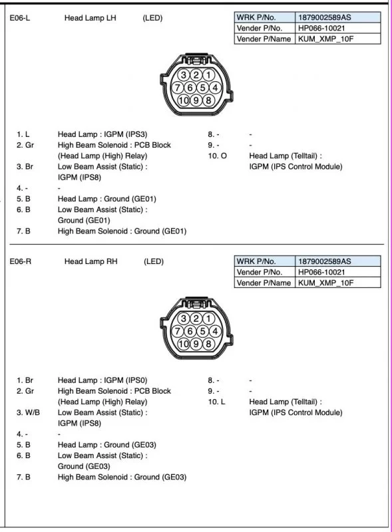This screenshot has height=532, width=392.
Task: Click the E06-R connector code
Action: (21, 262)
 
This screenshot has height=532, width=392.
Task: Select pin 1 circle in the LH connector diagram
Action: (208, 75)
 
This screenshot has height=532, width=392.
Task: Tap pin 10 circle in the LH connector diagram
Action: (184, 100)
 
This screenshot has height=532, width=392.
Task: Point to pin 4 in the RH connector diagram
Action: (215, 331)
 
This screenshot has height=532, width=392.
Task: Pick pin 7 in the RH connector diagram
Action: (178, 331)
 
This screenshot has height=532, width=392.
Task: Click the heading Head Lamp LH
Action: (90, 18)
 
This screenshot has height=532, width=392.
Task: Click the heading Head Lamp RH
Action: (91, 262)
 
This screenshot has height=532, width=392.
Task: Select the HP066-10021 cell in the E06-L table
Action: (321, 28)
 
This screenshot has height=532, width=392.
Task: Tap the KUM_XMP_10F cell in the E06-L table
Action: (325, 39)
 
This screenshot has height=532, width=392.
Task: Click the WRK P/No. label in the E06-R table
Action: (256, 261)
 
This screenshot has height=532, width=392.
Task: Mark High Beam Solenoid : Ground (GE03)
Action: (122, 477)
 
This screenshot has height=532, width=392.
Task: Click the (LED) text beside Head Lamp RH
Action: (154, 262)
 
